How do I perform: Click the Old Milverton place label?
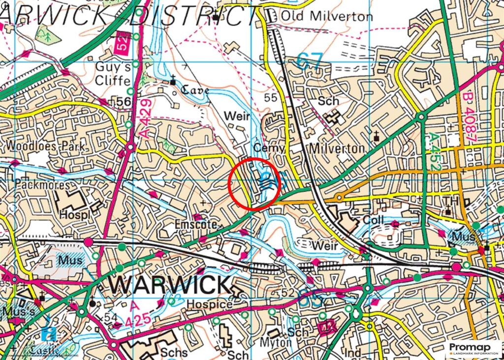[x=327, y=16]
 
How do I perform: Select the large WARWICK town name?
[x=169, y=285]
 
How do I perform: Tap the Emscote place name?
[x=196, y=224]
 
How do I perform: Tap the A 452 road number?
[x=434, y=152]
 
